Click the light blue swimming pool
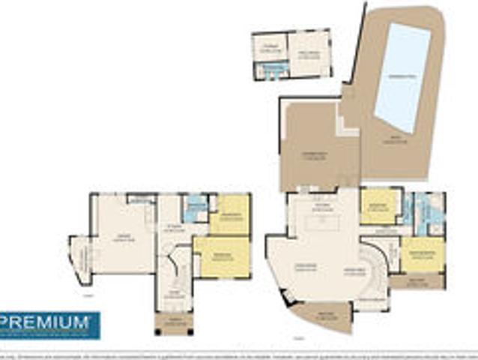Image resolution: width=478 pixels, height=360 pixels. pos(402,79)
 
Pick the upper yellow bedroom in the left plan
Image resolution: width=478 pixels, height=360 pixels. pos(230,215)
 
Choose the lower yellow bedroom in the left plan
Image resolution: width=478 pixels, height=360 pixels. pos(223,257)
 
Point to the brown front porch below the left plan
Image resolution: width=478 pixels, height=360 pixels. pos(174,323)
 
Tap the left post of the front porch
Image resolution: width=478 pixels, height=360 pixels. pos(157,324)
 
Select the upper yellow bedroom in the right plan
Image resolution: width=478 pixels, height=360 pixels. pos(379,206)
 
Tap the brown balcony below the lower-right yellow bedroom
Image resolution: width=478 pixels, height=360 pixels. pos(417,281)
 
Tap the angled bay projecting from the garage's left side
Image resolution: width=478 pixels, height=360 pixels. pos(80,259)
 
